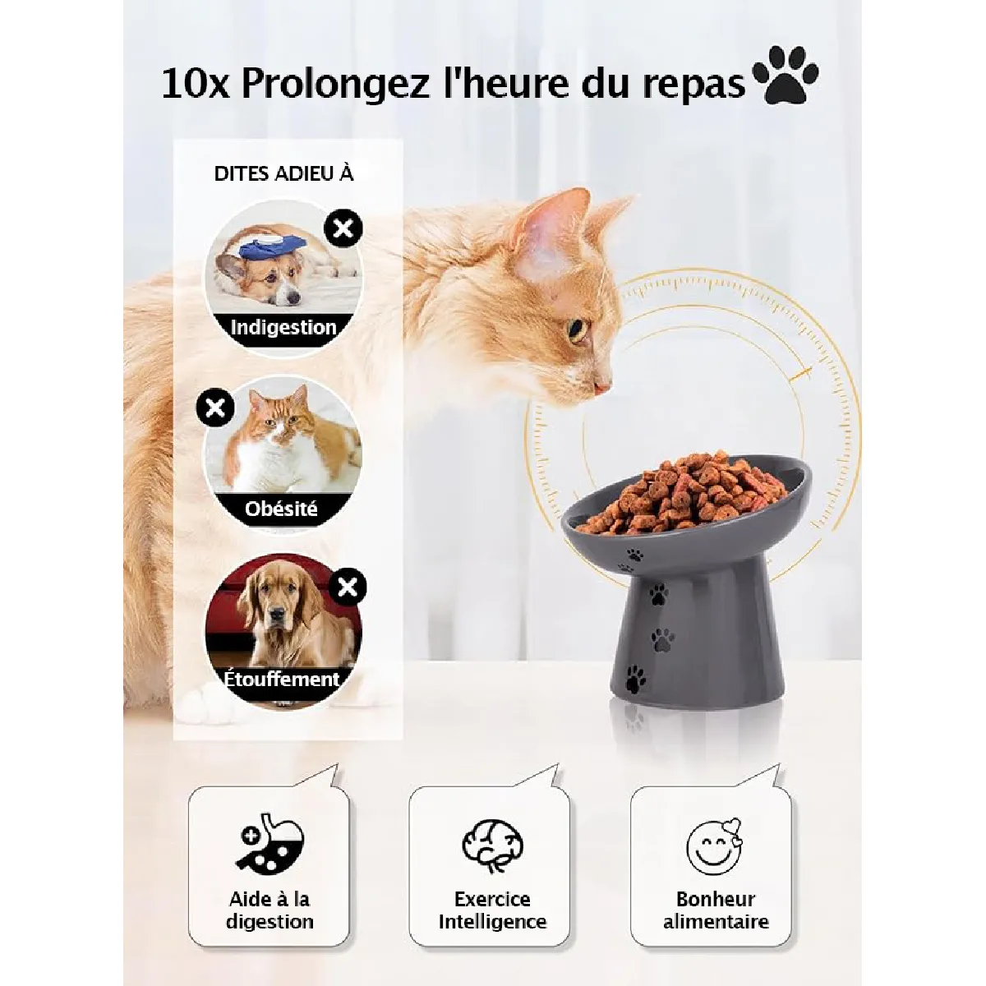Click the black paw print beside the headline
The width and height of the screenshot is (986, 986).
tap(786, 76)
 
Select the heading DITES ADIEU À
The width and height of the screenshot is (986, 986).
tap(284, 174)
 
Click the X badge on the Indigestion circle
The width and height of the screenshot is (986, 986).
tap(343, 228)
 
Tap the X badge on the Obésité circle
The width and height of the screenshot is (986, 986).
tap(215, 408)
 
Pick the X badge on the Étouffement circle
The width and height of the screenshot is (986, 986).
tap(348, 587)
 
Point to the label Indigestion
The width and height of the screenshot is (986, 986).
tap(283, 328)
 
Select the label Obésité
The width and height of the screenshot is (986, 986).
tap(281, 509)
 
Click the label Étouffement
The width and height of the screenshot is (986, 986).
tap(282, 679)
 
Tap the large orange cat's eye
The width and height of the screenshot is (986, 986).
tap(578, 330)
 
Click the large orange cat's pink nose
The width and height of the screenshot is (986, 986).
tap(603, 387)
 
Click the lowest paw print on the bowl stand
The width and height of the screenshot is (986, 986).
tap(635, 679)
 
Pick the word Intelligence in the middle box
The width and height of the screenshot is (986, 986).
tap(492, 922)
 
